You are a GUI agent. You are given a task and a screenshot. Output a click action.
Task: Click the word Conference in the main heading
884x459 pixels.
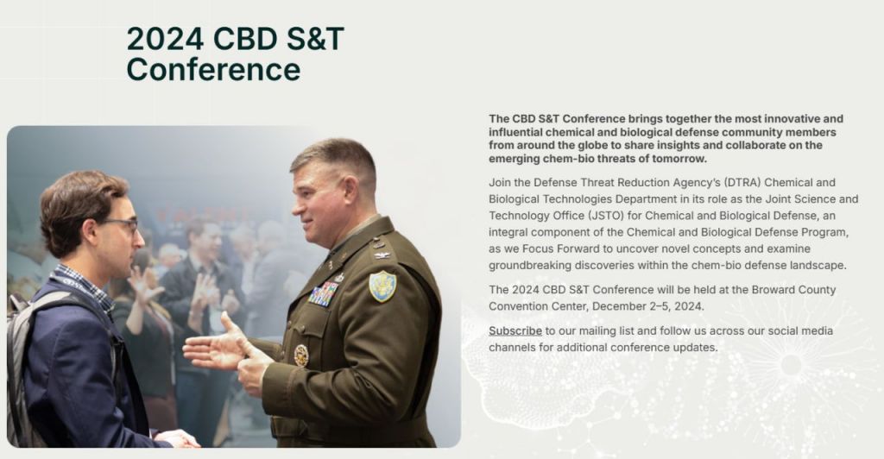213,70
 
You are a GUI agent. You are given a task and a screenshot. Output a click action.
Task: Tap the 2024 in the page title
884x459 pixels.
165,39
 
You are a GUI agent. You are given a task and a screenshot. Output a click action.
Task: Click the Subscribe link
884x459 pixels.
515,331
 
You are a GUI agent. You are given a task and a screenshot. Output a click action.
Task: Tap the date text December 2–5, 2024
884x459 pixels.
647,306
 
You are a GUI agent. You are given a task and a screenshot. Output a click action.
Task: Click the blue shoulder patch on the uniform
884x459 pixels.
382,286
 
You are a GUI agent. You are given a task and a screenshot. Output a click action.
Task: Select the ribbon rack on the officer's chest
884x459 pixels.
323,294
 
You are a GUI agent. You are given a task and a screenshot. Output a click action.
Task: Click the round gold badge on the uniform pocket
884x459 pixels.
301,355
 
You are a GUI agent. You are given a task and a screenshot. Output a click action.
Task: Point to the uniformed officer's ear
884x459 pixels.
350,190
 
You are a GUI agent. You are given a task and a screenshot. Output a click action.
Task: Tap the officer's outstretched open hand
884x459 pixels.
217,345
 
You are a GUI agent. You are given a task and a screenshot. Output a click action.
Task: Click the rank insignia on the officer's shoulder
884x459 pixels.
382,255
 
